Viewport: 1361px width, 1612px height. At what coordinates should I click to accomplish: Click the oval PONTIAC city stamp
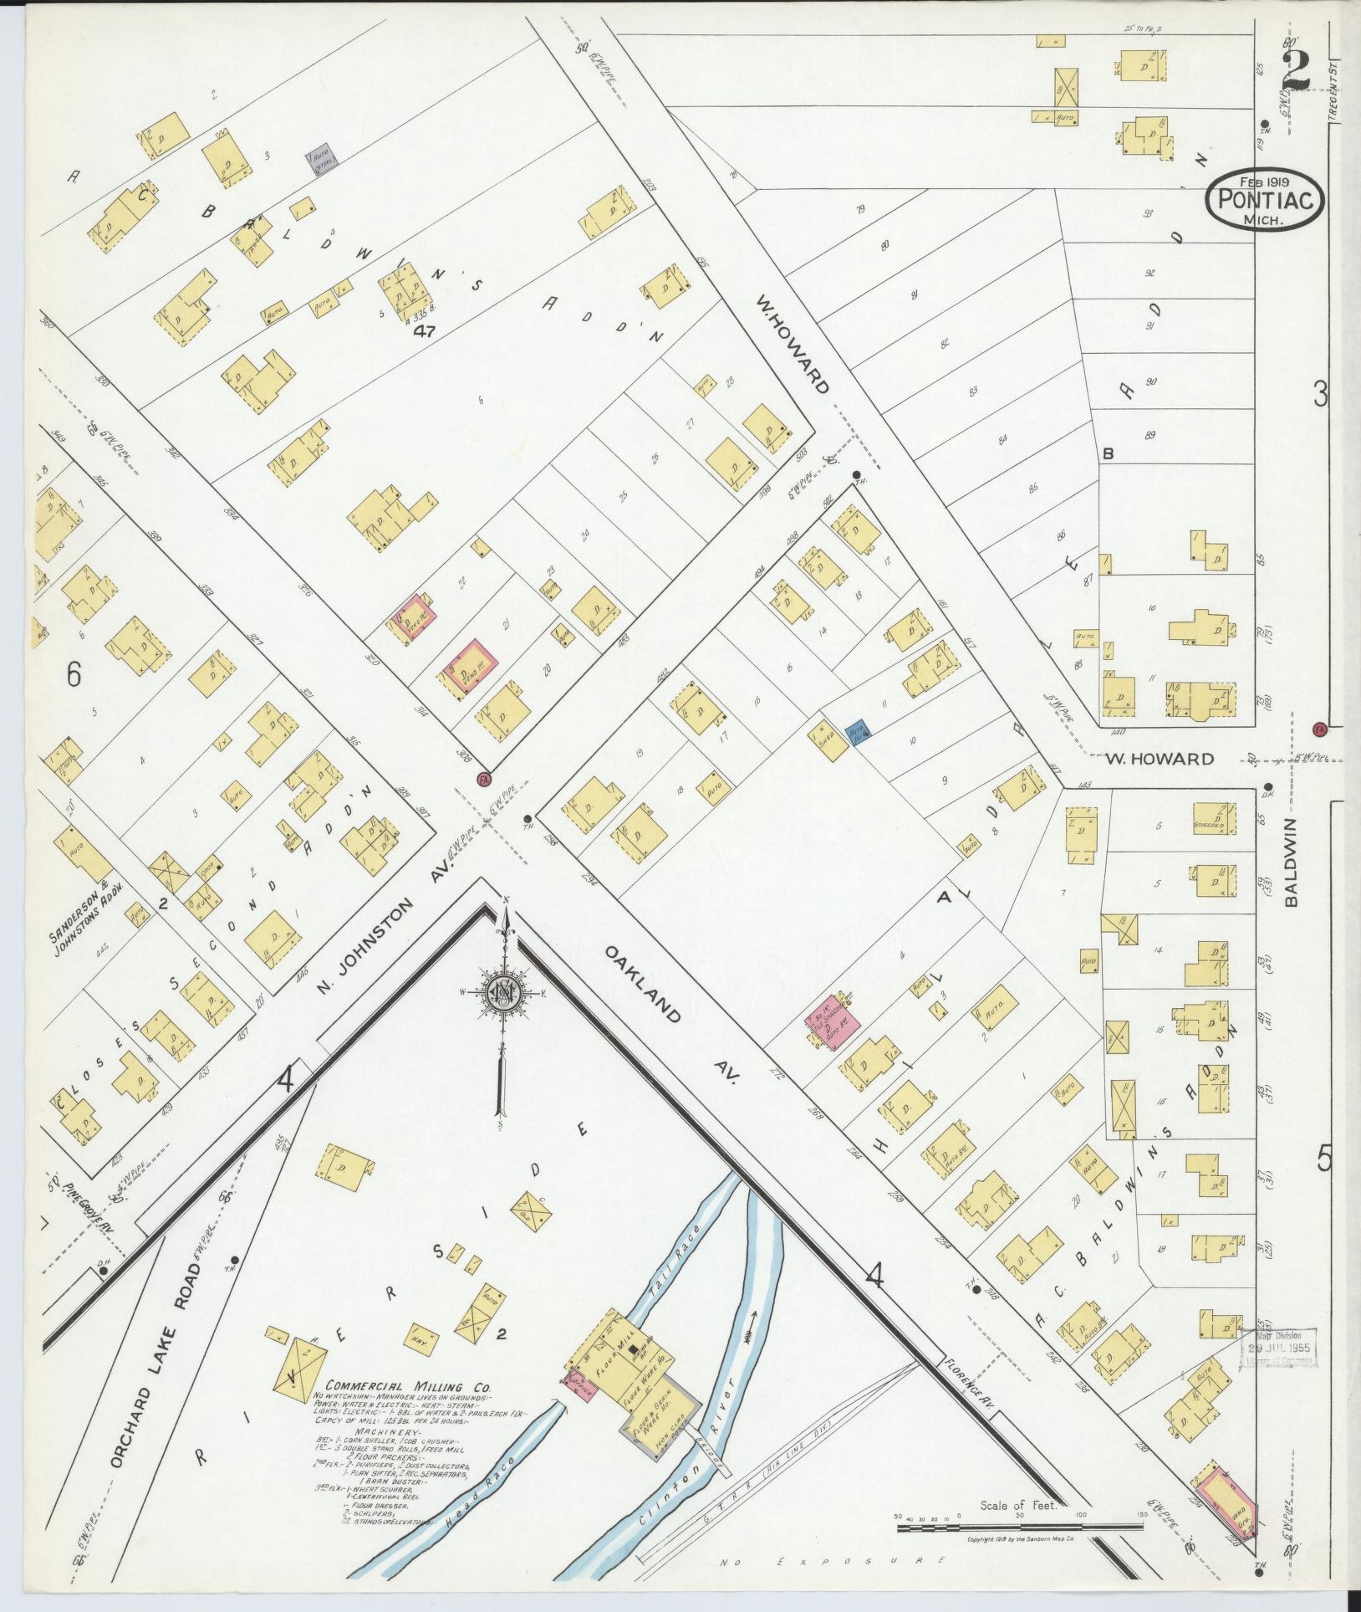point(1265,202)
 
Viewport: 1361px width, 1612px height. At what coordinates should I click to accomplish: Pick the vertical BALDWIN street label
point(1294,862)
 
